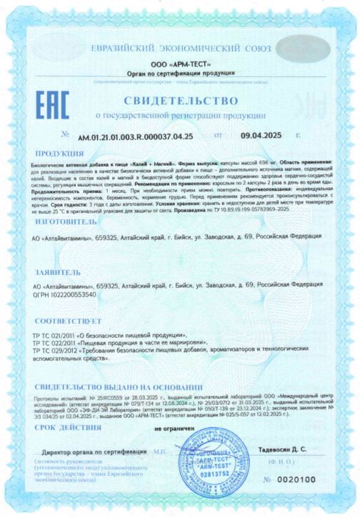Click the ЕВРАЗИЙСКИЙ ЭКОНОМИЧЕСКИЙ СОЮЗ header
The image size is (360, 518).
click(x=181, y=48)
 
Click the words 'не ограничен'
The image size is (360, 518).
click(x=193, y=427)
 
